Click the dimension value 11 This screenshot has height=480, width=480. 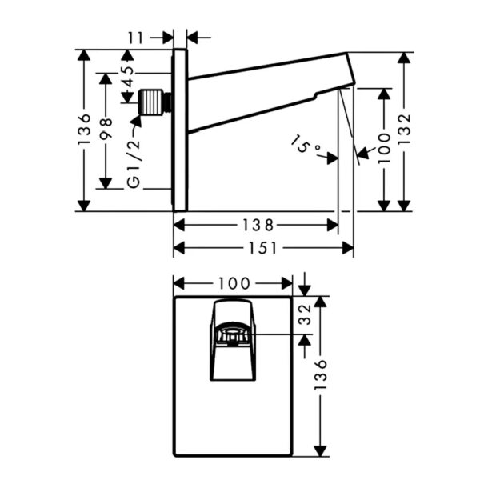pyautogui.click(x=135, y=38)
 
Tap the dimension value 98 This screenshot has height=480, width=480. pyautogui.click(x=106, y=129)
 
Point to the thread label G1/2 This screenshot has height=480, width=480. pyautogui.click(x=134, y=163)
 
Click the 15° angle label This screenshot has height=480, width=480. pyautogui.click(x=305, y=145)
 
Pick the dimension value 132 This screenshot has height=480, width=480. pyautogui.click(x=404, y=129)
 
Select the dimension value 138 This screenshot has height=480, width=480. pyautogui.click(x=258, y=225)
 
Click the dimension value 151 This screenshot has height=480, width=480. pyautogui.click(x=262, y=248)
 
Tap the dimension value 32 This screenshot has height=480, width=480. pyautogui.click(x=305, y=314)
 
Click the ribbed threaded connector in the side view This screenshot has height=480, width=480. pyautogui.click(x=150, y=102)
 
